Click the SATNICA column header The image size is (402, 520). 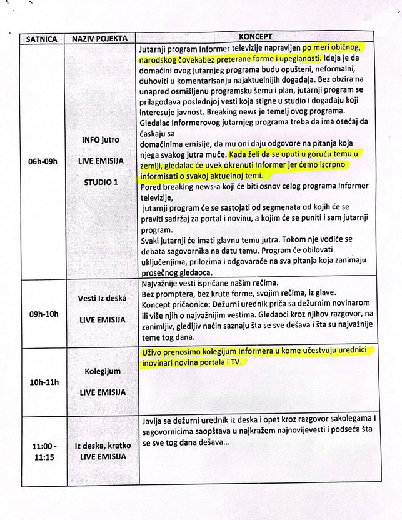coord(41,39)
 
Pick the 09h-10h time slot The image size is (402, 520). coord(42,314)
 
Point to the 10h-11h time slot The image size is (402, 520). coord(42,382)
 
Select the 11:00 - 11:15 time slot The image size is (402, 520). coord(42,451)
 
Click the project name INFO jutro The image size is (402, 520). coord(101,139)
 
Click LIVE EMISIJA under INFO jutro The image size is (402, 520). coord(101,161)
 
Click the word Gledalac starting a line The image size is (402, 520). coord(156,120)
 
